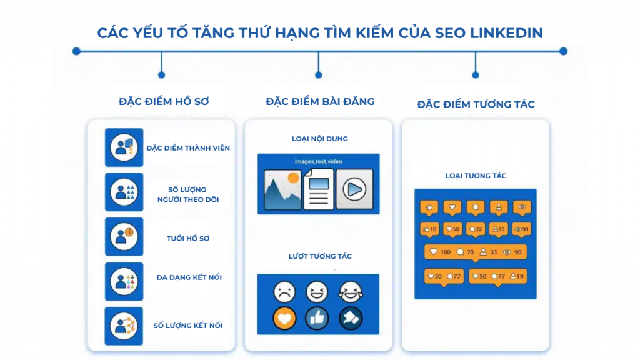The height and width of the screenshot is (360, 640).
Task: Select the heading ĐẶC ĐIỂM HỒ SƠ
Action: click(x=164, y=101)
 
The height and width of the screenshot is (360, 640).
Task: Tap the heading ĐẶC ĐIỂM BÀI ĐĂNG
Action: click(x=320, y=101)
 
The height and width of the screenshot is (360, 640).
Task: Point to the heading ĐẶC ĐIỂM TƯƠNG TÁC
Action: click(x=476, y=104)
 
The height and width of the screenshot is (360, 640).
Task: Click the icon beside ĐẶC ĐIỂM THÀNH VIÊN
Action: click(x=124, y=147)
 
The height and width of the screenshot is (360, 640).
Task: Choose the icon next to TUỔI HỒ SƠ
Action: click(x=124, y=237)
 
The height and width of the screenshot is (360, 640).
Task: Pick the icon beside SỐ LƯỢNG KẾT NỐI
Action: click(x=124, y=326)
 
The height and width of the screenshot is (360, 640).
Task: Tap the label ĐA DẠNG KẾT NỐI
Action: click(x=189, y=277)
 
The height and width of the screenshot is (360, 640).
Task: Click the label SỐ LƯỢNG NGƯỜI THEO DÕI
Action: click(x=188, y=194)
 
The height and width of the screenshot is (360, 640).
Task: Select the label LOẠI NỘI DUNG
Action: click(x=320, y=138)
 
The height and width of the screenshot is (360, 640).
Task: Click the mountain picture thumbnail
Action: click(x=282, y=189)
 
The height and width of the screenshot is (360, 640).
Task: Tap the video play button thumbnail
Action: click(x=354, y=189)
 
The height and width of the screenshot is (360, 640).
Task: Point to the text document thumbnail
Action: click(x=319, y=190)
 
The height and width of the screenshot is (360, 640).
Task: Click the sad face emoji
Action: click(x=284, y=292)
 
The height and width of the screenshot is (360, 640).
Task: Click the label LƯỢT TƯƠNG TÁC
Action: click(x=320, y=256)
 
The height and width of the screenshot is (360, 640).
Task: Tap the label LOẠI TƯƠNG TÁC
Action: click(x=476, y=176)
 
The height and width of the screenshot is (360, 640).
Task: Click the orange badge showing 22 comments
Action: click(x=476, y=229)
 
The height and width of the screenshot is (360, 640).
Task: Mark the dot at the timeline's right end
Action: click(x=563, y=51)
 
